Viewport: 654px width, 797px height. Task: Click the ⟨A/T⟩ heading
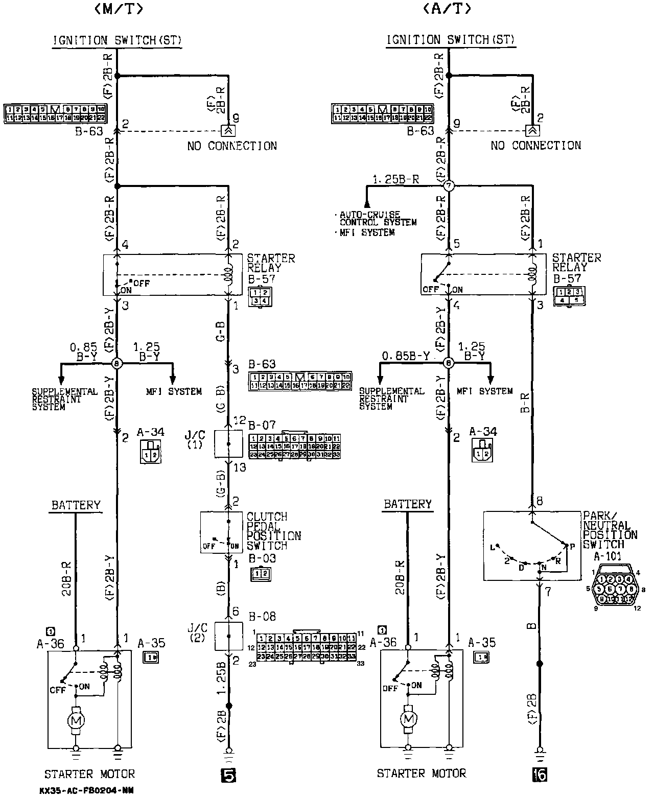[447, 9]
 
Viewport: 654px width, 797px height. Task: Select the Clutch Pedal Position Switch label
[273, 531]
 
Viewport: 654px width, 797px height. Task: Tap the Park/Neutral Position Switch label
[610, 530]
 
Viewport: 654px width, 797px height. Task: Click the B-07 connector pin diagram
[295, 446]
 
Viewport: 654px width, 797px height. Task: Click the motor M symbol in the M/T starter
[76, 720]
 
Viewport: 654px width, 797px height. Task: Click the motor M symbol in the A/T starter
[408, 719]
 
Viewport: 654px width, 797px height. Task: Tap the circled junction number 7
[449, 186]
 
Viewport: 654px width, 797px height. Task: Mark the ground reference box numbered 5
[228, 775]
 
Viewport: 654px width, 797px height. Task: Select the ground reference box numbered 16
[540, 775]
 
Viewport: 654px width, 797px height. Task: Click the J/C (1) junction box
[228, 443]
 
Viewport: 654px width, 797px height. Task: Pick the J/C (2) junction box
[228, 637]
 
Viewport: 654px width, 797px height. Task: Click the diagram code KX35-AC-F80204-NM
[86, 790]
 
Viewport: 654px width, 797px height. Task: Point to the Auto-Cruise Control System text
[378, 219]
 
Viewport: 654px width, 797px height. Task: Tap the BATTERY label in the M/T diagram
[76, 505]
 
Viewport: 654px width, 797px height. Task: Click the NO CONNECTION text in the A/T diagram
[536, 146]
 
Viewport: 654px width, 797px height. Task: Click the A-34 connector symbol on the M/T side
[151, 453]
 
